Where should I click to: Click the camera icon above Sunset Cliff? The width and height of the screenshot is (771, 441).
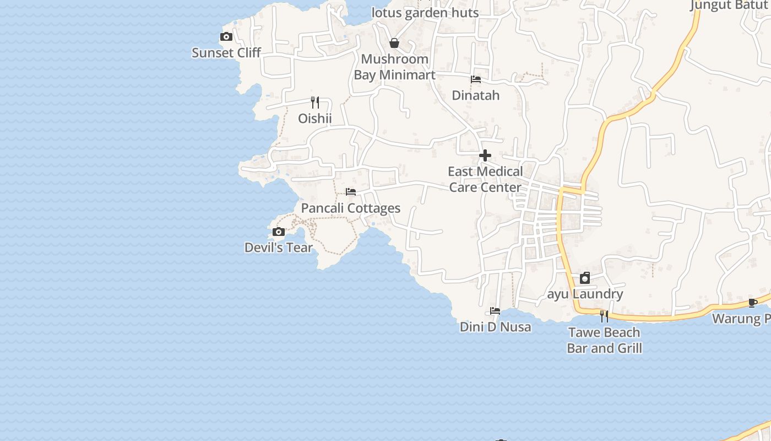(226, 37)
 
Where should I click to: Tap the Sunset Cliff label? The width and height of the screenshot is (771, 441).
(226, 53)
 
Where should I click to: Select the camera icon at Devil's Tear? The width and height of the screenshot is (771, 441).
(279, 232)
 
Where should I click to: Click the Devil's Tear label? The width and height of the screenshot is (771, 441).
(279, 248)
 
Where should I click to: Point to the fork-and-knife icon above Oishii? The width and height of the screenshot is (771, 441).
(315, 102)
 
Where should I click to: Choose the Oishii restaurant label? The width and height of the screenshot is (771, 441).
(315, 119)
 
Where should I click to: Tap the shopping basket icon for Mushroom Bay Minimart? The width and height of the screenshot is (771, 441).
(394, 43)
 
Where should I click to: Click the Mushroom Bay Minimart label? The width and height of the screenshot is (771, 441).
(394, 67)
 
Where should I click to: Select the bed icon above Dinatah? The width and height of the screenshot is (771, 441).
(476, 79)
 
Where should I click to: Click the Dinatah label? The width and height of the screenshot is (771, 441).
(476, 95)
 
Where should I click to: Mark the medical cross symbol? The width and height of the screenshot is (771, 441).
(485, 155)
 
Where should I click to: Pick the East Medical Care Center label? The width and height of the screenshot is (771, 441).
(485, 180)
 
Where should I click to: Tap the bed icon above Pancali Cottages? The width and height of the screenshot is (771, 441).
(351, 192)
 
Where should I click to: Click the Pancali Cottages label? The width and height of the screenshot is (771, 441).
(351, 208)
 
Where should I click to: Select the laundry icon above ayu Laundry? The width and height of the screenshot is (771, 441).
(585, 278)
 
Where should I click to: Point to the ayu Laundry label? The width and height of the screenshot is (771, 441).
(585, 294)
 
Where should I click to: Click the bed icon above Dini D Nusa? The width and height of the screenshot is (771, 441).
(495, 311)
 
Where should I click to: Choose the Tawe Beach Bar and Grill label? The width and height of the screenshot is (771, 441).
(604, 340)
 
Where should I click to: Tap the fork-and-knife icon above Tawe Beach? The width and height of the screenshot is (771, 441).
(604, 316)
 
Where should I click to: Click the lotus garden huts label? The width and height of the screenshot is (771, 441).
(425, 13)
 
